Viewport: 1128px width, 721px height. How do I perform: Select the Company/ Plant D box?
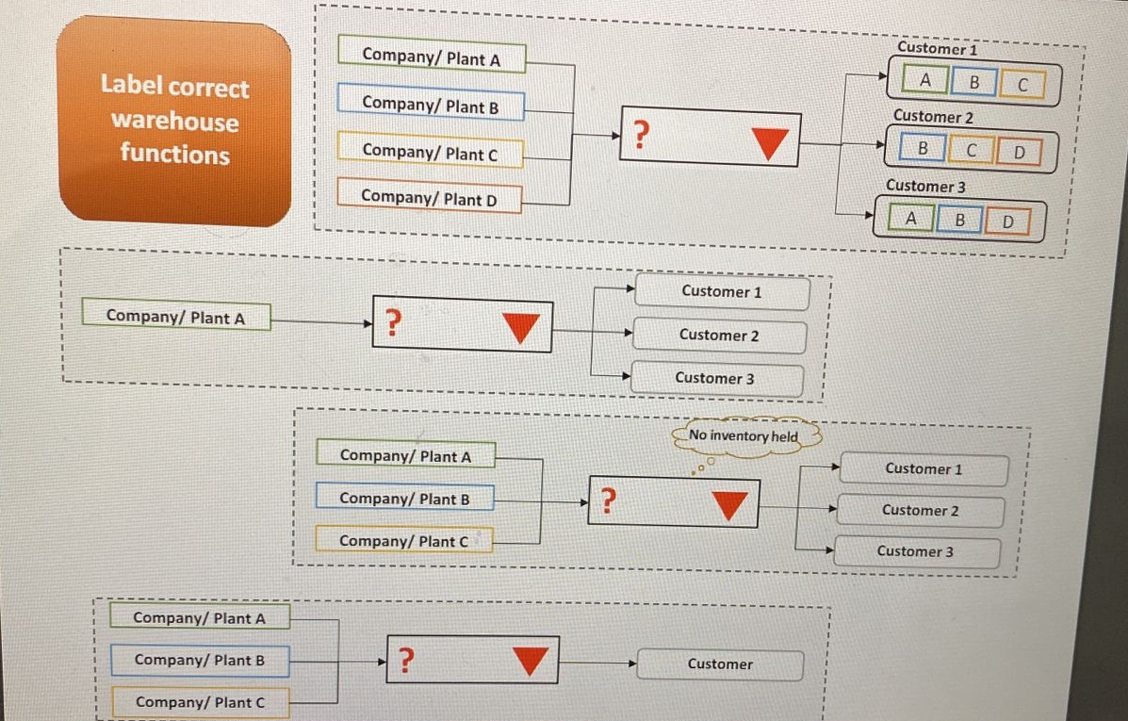(x=429, y=198)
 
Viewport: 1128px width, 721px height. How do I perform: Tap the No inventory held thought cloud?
(x=744, y=436)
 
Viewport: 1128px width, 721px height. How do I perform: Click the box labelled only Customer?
(x=720, y=664)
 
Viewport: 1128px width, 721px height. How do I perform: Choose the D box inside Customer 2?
(x=1018, y=151)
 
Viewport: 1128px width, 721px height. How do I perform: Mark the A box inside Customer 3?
(x=910, y=220)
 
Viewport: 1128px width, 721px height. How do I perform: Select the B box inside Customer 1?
(x=975, y=83)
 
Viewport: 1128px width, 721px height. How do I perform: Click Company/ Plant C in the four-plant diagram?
(x=430, y=151)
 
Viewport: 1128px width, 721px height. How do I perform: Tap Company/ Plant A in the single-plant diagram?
(x=175, y=318)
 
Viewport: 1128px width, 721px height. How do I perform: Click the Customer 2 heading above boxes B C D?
(x=933, y=117)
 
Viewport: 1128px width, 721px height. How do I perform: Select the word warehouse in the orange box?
(x=174, y=122)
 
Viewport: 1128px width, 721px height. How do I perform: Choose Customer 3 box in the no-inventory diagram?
(x=914, y=551)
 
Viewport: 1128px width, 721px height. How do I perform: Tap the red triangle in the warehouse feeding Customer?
(x=531, y=662)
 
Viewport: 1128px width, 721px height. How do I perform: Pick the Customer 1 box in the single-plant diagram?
(x=721, y=292)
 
